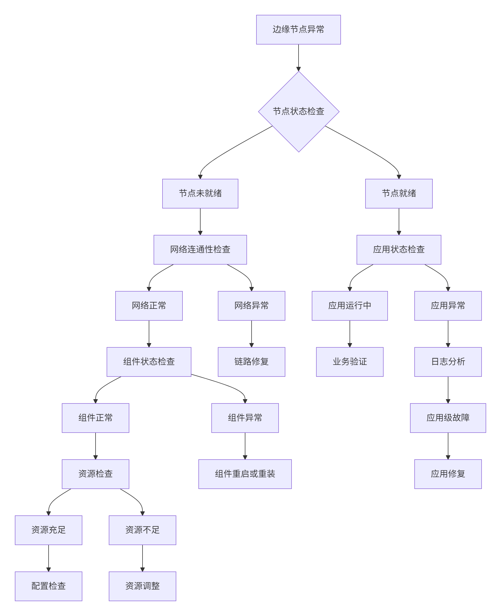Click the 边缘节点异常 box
click(298, 30)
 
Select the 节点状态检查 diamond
click(298, 112)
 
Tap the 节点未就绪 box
click(200, 193)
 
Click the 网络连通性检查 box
click(200, 249)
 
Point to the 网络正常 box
click(149, 306)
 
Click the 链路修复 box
click(251, 362)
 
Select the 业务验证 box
click(350, 362)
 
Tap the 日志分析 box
click(448, 362)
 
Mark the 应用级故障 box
click(448, 418)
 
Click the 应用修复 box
click(448, 474)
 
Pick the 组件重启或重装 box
click(245, 474)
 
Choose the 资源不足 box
click(142, 530)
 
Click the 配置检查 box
click(49, 586)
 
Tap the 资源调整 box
click(142, 586)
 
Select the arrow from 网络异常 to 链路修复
click(251, 333)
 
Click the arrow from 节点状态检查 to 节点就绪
click(369, 150)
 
